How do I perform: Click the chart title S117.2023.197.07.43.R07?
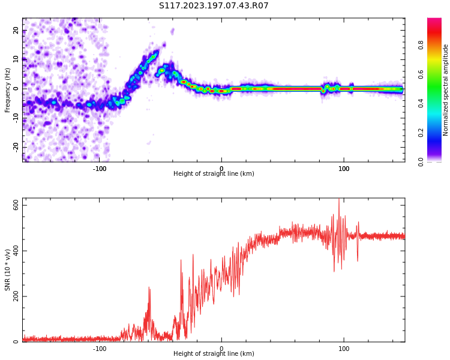point(214,6)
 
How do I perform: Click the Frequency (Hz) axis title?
point(8,90)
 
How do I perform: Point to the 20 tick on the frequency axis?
point(16,31)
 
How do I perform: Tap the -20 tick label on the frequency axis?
point(15,146)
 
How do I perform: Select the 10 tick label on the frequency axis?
point(16,59)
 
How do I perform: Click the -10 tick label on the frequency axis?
point(15,118)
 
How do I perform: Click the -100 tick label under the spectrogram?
point(100,169)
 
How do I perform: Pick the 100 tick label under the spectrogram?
point(344,169)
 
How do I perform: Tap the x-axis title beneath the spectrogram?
point(214,174)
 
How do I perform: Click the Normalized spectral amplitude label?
point(446,90)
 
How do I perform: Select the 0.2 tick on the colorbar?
point(421,133)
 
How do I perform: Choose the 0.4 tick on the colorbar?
point(421,103)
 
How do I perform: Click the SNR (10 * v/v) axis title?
point(8,269)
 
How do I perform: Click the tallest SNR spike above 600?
point(338,200)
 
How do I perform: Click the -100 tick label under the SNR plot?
point(100,349)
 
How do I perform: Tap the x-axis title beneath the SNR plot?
point(214,354)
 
